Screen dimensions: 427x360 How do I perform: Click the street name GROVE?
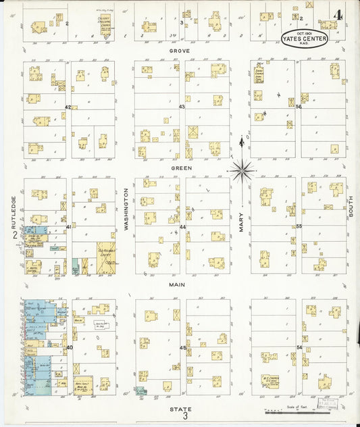click(180, 51)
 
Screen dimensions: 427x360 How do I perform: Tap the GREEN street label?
click(180, 168)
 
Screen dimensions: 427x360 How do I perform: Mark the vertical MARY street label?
click(240, 220)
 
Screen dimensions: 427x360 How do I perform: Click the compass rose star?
click(241, 170)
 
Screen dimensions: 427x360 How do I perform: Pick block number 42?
click(68, 107)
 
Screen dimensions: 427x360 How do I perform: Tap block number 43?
click(181, 107)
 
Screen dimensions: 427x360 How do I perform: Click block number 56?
click(299, 107)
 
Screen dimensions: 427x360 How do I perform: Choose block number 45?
click(182, 347)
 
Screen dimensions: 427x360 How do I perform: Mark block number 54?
click(299, 347)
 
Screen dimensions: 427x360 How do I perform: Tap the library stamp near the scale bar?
click(331, 403)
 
